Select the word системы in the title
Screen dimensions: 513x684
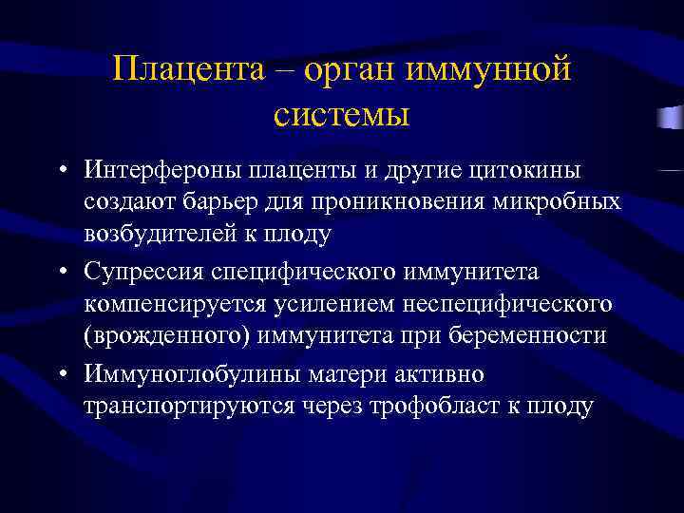click(342, 115)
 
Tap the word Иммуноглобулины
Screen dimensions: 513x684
click(185, 375)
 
